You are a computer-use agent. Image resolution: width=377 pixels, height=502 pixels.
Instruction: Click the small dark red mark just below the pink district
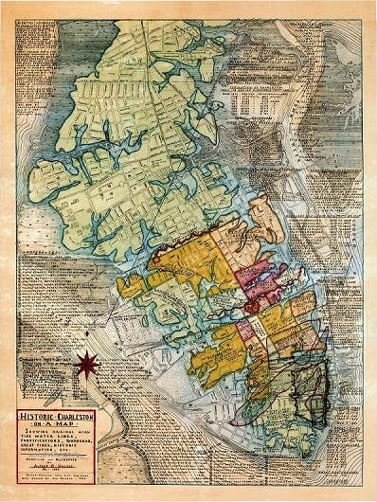[x=251, y=308]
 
